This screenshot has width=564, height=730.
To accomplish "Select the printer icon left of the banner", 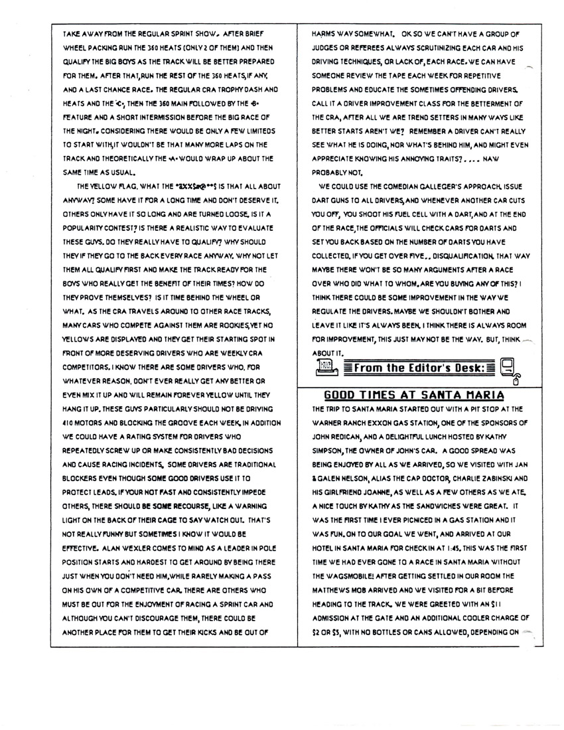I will [x=326, y=366].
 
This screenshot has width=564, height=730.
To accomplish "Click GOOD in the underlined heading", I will [x=340, y=396].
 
